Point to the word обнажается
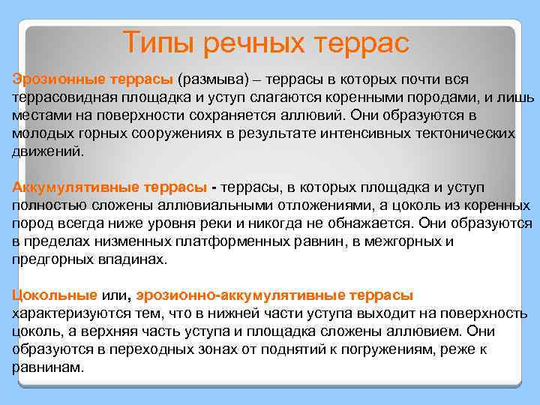point(371,223)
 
